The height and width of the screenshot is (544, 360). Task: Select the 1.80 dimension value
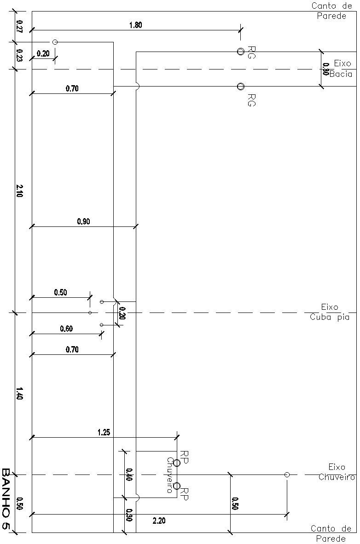135,25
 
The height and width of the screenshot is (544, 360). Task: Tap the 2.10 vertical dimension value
19,191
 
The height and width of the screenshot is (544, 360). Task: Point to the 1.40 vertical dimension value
19,394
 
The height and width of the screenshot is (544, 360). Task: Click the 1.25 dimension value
104,432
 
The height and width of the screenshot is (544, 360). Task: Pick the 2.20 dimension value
159,521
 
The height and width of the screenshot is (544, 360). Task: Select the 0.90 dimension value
84,221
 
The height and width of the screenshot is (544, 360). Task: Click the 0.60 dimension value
66,329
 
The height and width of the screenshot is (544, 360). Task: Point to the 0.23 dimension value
19,55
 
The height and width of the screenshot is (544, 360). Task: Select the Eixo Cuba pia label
330,312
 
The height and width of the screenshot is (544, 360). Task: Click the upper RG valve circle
240,51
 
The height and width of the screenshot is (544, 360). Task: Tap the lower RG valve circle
240,86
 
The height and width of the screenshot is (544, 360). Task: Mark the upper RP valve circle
177,463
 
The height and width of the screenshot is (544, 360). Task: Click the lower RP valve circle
177,486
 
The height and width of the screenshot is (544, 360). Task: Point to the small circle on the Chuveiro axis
287,475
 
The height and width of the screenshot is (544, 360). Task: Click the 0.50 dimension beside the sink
60,292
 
